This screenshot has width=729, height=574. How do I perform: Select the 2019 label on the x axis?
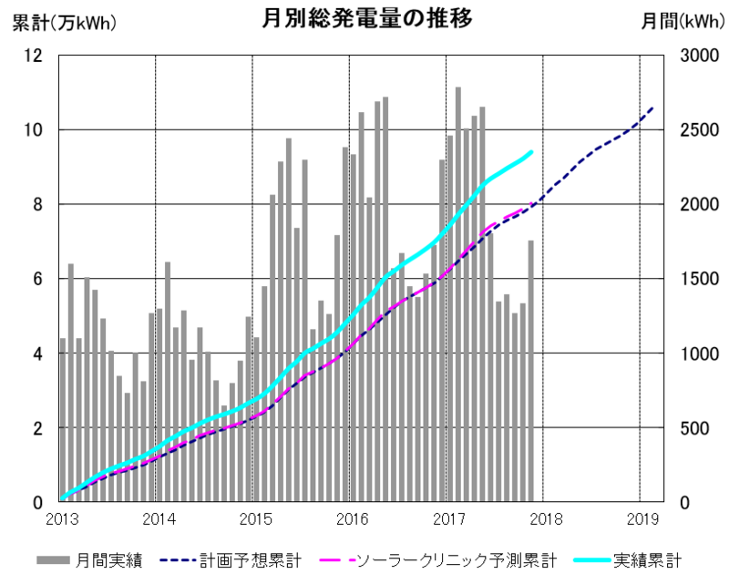pos(642,520)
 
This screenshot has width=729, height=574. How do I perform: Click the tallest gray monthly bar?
pos(458,292)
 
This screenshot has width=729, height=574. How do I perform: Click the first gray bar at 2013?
pos(63,419)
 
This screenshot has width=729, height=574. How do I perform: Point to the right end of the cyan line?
pos(531,152)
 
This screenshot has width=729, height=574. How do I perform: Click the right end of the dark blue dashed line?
pos(652,108)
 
